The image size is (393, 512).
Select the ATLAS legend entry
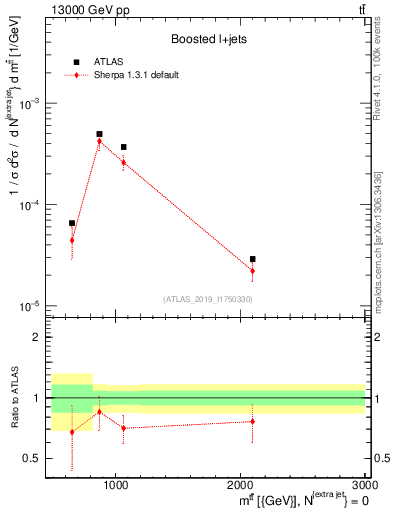(x=110, y=62)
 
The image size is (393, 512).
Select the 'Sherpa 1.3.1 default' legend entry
(x=130, y=74)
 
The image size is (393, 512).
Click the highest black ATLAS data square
(x=99, y=134)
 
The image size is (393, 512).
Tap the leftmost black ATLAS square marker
(x=72, y=223)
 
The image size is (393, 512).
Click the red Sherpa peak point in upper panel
(x=99, y=142)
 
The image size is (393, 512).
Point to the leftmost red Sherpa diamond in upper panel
(x=72, y=240)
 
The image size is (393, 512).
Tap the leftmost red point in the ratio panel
(x=72, y=432)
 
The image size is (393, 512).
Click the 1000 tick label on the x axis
(x=117, y=486)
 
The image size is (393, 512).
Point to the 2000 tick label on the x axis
(x=241, y=486)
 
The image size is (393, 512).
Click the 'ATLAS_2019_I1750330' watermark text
(x=208, y=299)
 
